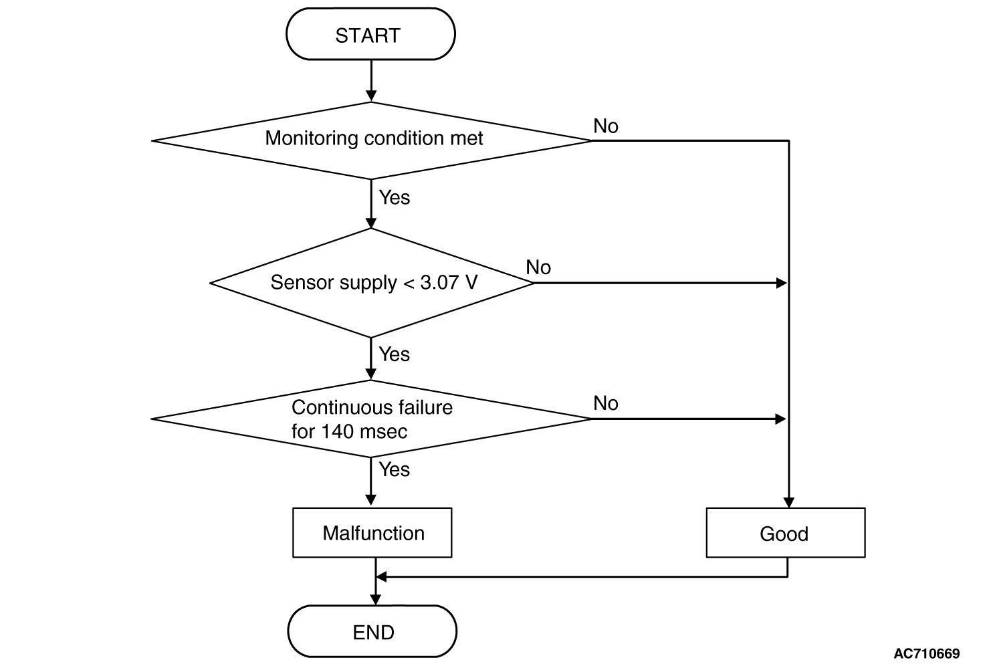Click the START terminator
coord(370,33)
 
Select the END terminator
coord(372,631)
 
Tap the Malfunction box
coord(372,532)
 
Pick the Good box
coord(785,532)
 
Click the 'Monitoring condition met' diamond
coord(371,141)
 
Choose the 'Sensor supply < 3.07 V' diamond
coord(371,283)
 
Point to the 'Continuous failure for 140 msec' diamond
coord(371,419)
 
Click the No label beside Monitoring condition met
coord(605,126)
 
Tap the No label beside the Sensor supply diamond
coord(538,267)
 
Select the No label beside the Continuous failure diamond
coord(605,403)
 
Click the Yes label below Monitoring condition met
coord(394,197)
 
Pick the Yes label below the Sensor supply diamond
coord(394,354)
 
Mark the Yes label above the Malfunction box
coord(394,469)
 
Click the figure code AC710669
coord(927,653)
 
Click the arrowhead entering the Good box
coord(788,502)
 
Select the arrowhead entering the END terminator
coord(375,600)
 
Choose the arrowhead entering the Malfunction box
coord(371,500)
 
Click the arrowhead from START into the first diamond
coord(371,96)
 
